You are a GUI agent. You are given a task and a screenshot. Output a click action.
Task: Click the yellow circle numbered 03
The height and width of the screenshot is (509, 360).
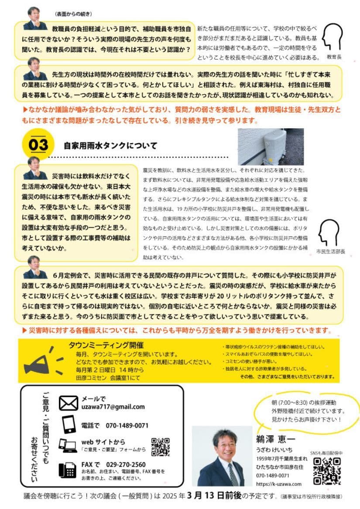[38, 145]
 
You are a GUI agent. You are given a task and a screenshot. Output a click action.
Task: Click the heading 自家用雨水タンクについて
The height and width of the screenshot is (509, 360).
[110, 145]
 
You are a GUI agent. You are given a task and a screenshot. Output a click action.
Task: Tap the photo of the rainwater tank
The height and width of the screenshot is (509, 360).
[271, 147]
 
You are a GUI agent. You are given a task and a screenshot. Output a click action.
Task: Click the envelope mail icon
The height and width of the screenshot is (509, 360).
[68, 403]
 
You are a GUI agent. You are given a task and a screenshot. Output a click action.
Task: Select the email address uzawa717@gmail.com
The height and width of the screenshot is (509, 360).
[113, 407]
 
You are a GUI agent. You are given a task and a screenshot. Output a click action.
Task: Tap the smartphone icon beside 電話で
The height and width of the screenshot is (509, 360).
[69, 424]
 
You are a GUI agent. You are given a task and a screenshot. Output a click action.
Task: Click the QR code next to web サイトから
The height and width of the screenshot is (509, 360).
[160, 447]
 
